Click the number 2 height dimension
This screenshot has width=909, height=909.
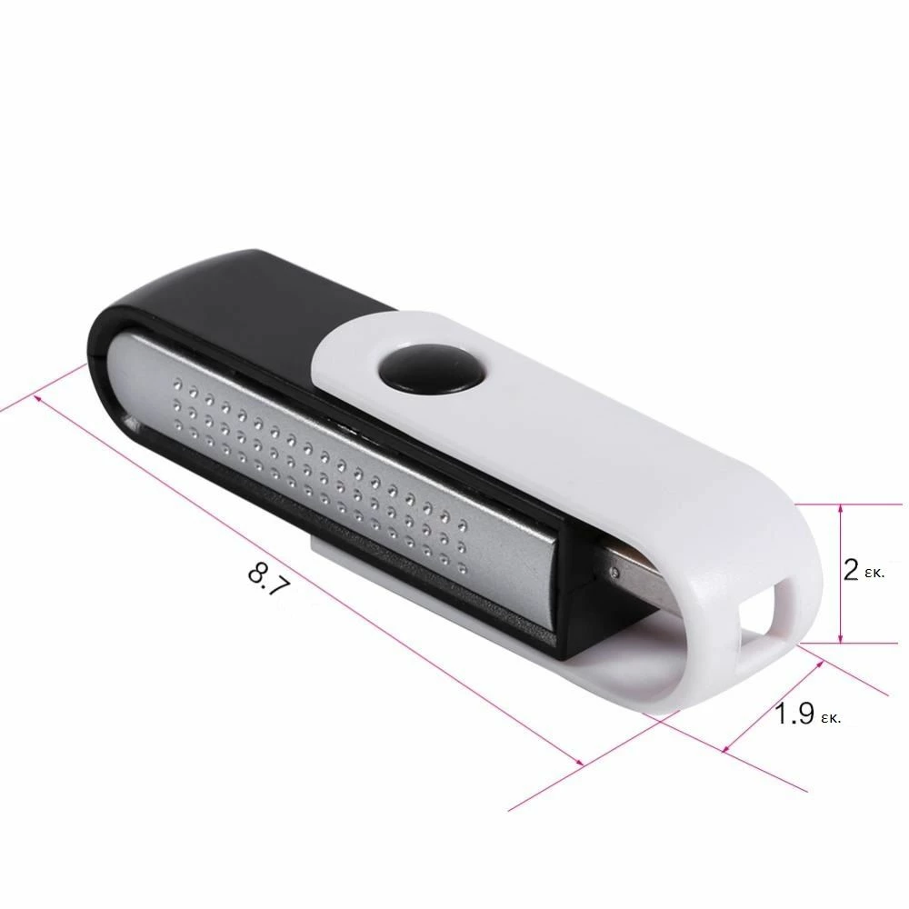[x=851, y=570]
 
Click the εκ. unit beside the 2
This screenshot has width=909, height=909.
[x=876, y=574]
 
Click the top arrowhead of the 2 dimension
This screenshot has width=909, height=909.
[x=841, y=509]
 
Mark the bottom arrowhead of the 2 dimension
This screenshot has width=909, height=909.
[x=841, y=638]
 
